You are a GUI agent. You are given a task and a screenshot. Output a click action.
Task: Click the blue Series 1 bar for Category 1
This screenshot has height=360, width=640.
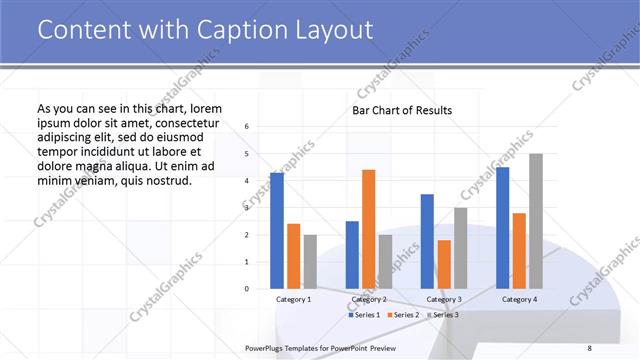tap(277, 231)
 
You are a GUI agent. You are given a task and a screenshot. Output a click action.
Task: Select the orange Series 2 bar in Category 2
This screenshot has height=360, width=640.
tap(369, 229)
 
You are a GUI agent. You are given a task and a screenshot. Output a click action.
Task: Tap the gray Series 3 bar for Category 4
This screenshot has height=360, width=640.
tap(536, 221)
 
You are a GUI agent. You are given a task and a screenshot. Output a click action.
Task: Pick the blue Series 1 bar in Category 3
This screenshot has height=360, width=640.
tap(427, 241)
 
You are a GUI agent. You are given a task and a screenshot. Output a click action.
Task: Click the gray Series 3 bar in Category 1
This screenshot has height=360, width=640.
tap(310, 262)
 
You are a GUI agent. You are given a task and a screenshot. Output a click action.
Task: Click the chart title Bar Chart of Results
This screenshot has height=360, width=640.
tap(402, 110)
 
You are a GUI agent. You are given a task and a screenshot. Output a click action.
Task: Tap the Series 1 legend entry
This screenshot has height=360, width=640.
tap(364, 315)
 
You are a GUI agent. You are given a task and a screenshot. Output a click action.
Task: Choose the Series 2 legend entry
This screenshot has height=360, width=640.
tap(402, 315)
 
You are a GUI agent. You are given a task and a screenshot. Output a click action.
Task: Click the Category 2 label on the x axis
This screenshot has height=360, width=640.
tap(369, 299)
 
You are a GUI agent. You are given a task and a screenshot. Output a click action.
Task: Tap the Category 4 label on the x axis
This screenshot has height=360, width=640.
tap(519, 299)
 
